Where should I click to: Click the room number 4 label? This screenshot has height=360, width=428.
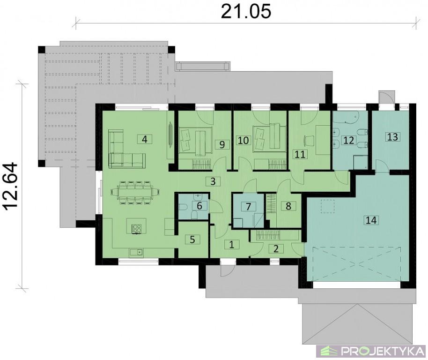145,139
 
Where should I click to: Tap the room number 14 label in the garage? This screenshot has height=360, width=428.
371,220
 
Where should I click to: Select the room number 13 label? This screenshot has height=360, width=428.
392,136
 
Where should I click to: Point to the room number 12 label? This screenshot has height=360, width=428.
348,140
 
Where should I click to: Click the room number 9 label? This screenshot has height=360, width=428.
222,144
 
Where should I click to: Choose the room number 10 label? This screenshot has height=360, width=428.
243,141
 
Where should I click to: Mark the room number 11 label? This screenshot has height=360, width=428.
300,154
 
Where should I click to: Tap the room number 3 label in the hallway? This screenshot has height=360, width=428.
213,181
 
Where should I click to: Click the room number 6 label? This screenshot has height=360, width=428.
199,206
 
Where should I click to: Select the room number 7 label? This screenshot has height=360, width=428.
248,206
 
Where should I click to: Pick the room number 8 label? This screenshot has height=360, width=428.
288,206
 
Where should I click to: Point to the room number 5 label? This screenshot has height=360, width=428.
192,240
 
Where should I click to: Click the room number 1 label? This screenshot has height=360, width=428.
232,245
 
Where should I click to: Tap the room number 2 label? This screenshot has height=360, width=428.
276,248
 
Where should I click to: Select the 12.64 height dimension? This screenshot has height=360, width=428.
11,185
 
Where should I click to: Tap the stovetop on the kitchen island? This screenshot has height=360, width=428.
136,229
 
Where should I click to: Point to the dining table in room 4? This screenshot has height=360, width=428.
135,192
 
